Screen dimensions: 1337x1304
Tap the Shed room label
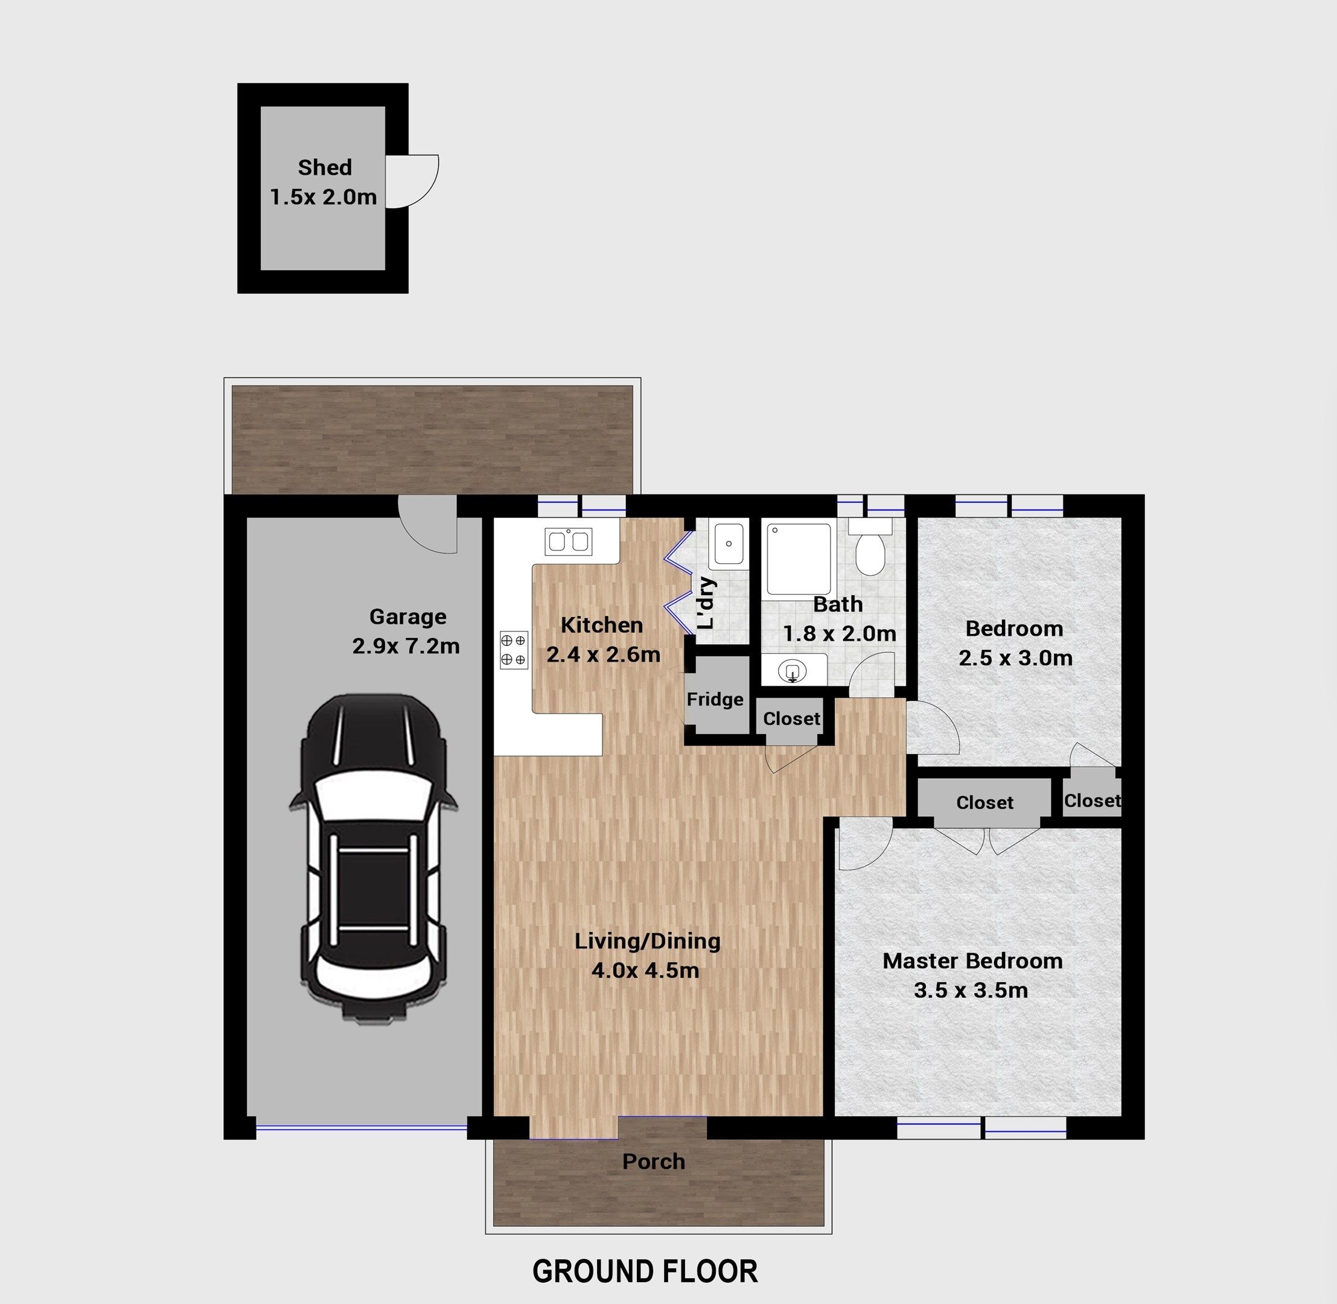(325, 167)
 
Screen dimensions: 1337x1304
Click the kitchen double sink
(569, 541)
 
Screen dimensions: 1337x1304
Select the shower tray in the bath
(799, 559)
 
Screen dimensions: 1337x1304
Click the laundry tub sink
(727, 544)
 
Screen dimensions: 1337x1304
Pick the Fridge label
(715, 699)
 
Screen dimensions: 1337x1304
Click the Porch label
(654, 1162)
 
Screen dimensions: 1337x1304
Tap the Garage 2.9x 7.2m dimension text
(406, 646)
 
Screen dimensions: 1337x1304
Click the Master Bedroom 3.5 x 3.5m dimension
(971, 990)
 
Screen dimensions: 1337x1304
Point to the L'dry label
(706, 602)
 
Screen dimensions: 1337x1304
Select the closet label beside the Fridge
(792, 718)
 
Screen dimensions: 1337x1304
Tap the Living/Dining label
(647, 941)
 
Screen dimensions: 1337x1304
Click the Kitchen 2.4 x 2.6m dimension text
(604, 654)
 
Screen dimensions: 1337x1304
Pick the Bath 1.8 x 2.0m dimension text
(840, 633)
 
